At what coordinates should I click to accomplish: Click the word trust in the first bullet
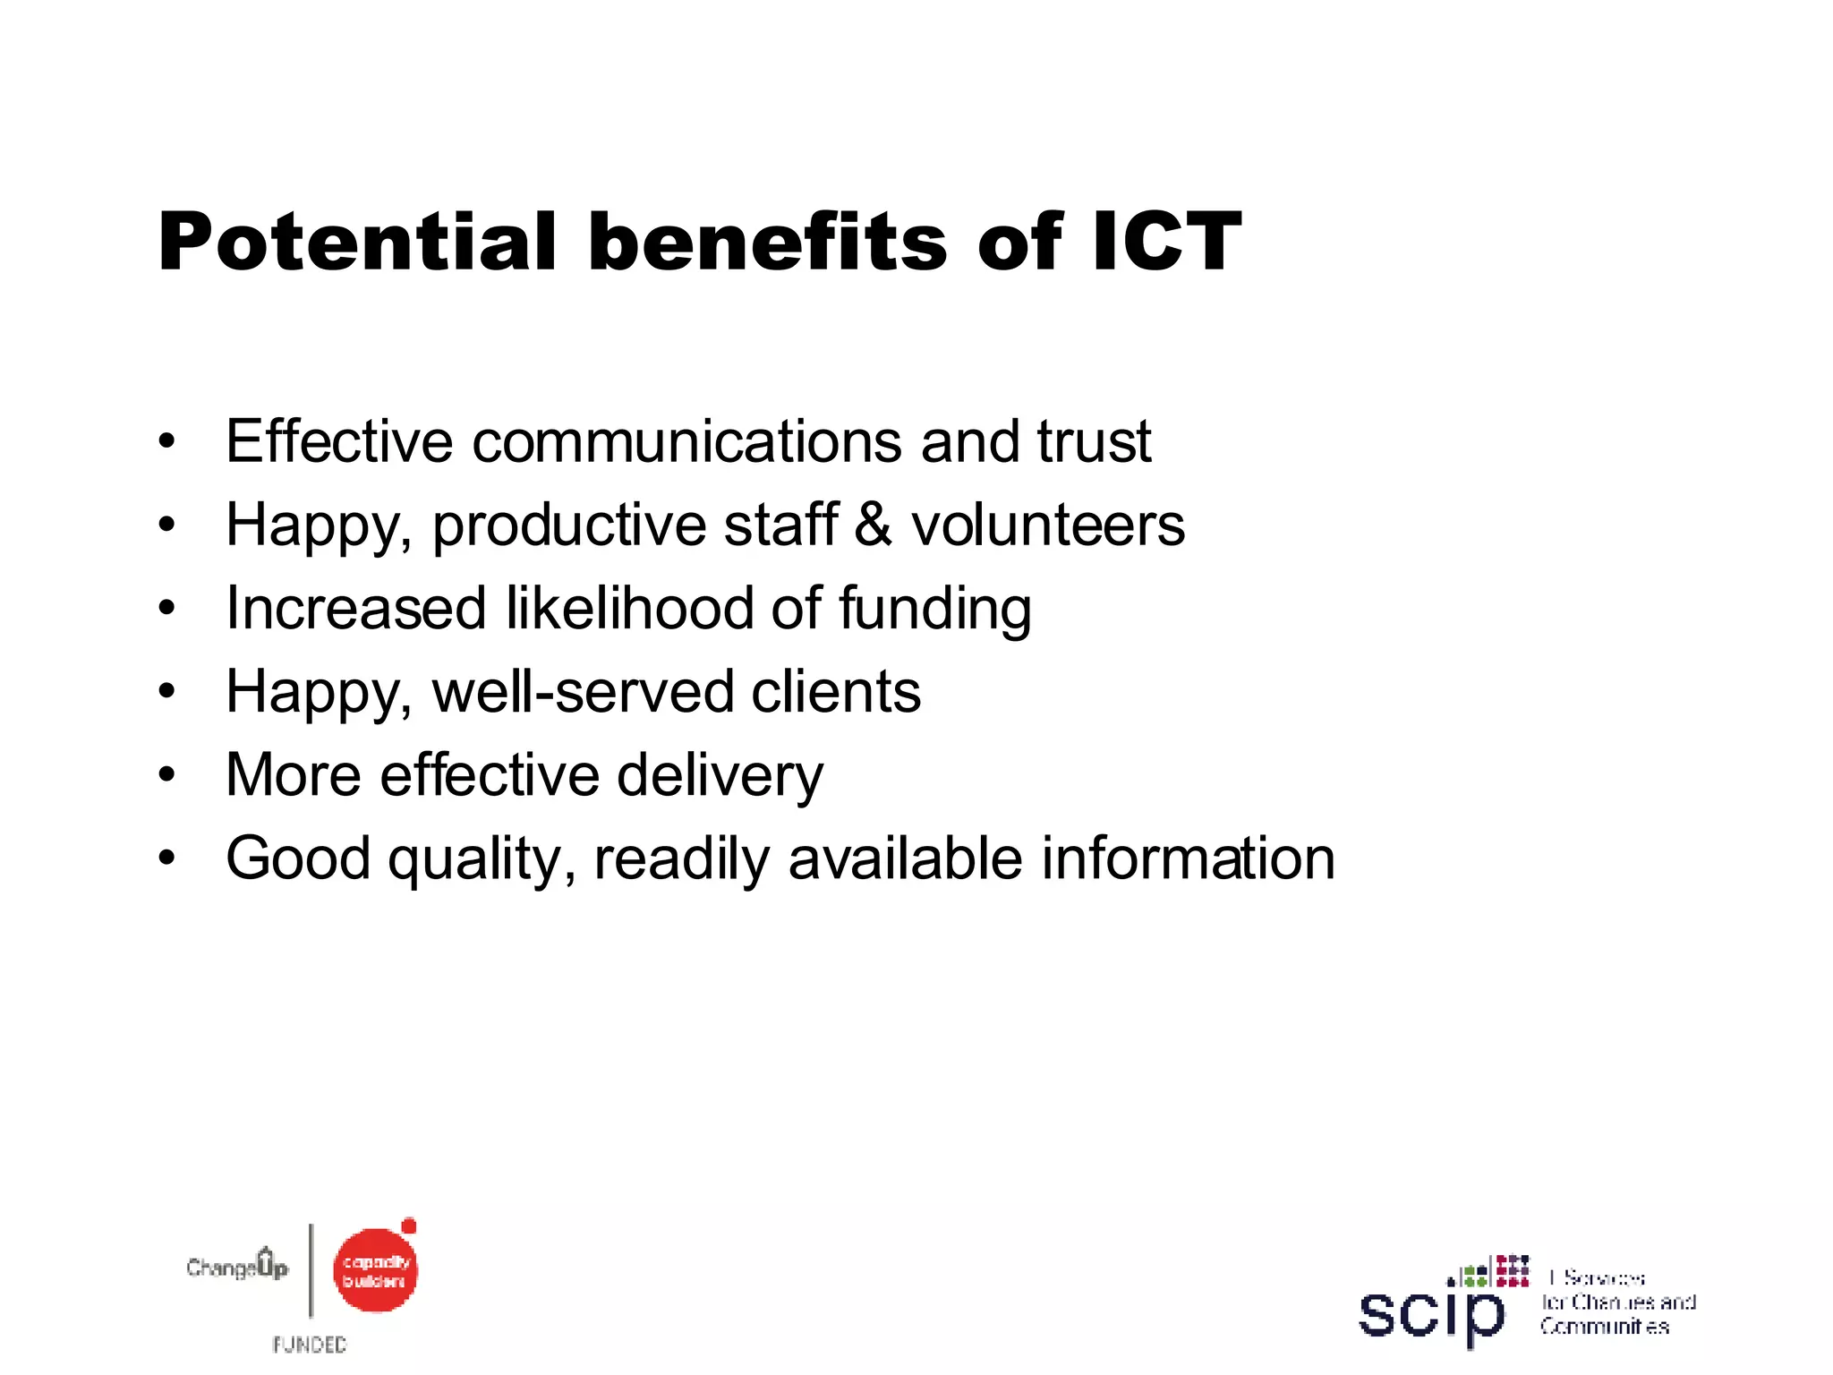[1094, 441]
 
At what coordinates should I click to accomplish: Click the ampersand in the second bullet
[873, 525]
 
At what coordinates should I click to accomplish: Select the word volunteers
[1048, 525]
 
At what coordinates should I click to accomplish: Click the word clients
[836, 692]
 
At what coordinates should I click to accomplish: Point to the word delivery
[720, 776]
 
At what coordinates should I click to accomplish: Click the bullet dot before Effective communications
[166, 441]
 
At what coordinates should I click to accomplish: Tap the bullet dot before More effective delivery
[166, 775]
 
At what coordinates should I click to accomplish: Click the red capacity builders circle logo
[375, 1270]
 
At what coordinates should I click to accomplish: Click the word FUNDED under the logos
[310, 1345]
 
